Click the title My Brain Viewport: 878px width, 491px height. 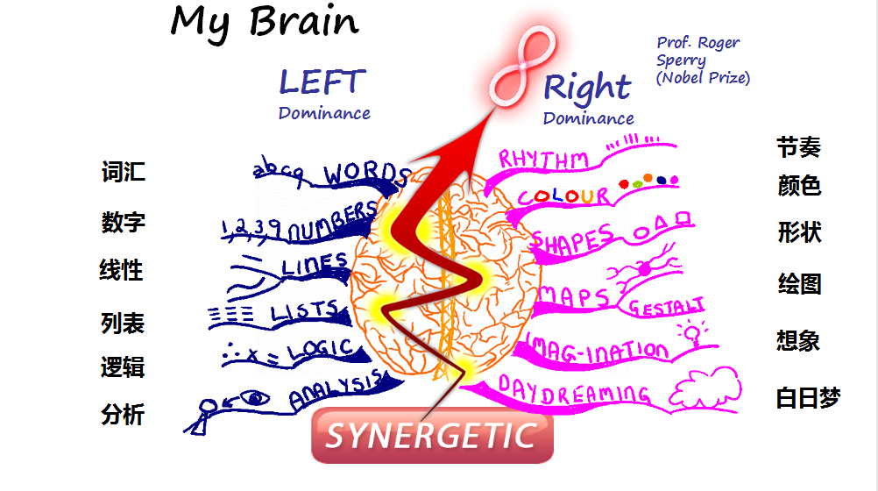click(265, 22)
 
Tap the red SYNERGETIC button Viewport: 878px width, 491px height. click(431, 435)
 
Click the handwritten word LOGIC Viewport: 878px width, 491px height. click(319, 350)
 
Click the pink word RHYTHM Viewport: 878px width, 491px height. click(544, 160)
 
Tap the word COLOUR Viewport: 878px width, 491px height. click(564, 196)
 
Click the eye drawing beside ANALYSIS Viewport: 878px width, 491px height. click(256, 399)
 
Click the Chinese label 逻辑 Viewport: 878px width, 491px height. click(123, 367)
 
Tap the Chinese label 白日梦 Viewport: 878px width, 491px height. click(808, 398)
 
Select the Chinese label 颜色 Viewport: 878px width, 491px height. click(799, 186)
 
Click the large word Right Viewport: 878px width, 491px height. click(586, 87)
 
